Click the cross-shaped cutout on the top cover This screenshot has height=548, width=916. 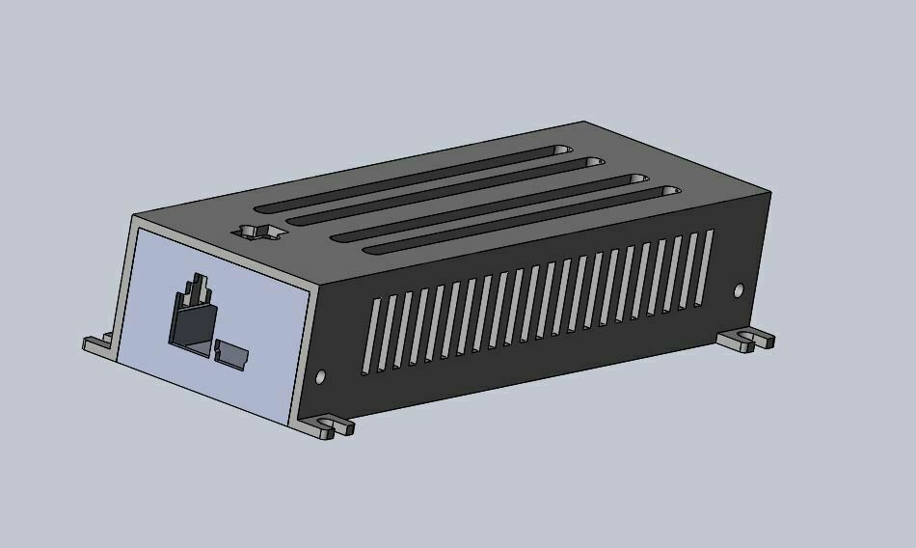pos(258,232)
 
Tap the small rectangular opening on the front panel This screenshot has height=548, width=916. pos(231,353)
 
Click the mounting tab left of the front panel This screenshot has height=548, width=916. pos(98,343)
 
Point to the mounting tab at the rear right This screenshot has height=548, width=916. pos(746,339)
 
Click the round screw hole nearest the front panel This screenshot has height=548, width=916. pos(321,377)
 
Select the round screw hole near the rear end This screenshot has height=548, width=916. pos(740,289)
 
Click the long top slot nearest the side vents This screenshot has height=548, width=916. pos(521,221)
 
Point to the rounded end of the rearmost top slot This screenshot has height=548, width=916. pos(558,151)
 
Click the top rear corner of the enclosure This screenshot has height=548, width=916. pos(584,122)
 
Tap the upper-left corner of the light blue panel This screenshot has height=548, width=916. pos(139,230)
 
